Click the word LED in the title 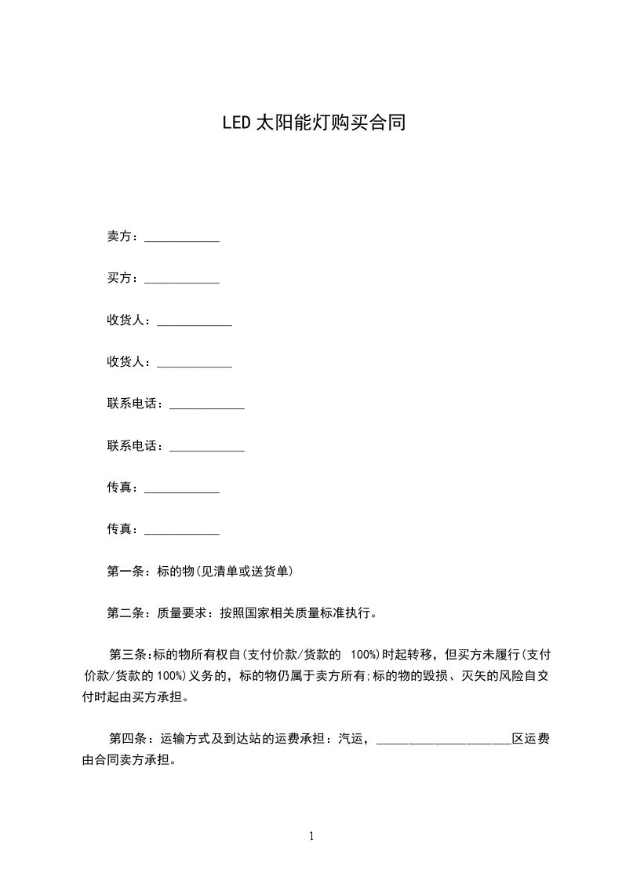pyautogui.click(x=235, y=123)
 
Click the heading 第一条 pyautogui.click(x=122, y=571)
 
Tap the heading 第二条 pyautogui.click(x=122, y=612)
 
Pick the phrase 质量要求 pyautogui.click(x=182, y=612)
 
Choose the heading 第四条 pyautogui.click(x=125, y=739)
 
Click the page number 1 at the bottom pyautogui.click(x=311, y=837)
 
